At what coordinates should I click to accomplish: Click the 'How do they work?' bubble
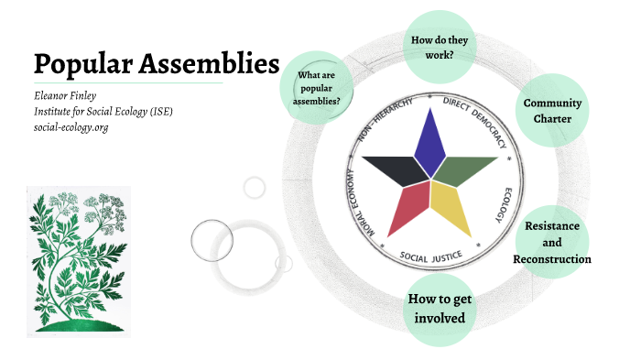(440, 46)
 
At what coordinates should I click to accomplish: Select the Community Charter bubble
(552, 110)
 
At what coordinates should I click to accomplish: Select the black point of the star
(393, 168)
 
